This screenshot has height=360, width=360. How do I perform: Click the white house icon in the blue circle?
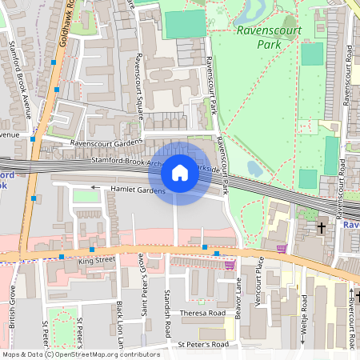[x=180, y=173]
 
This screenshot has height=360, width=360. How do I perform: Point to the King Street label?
[x=98, y=260]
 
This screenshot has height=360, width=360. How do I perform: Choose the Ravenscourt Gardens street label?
[x=106, y=143]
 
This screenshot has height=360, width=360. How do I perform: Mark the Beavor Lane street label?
[x=238, y=299]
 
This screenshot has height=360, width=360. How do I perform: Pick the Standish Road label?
[x=168, y=312]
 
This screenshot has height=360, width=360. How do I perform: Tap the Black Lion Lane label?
[x=120, y=324]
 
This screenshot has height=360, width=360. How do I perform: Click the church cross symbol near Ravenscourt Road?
[x=322, y=228]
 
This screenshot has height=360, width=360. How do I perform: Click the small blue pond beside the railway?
[x=254, y=168]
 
